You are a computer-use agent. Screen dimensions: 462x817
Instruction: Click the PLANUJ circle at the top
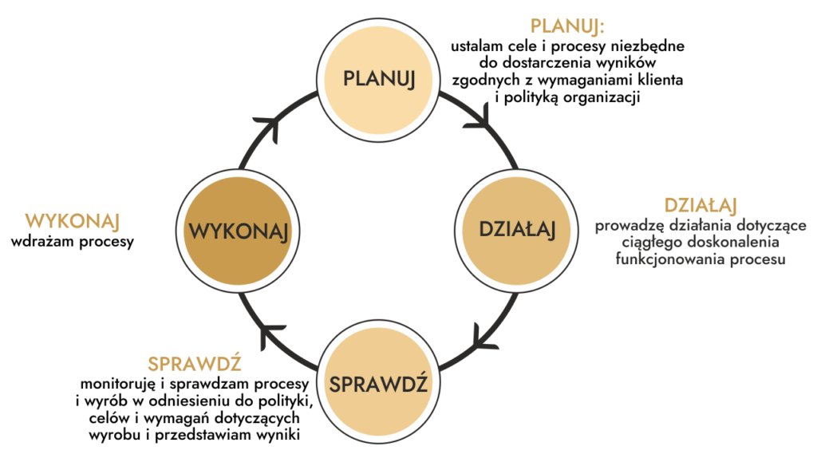tap(378, 79)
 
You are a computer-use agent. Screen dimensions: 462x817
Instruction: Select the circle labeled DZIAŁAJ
tap(516, 230)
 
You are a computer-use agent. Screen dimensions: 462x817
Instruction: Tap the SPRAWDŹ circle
tap(378, 381)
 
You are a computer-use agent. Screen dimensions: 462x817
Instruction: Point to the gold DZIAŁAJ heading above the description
tap(700, 203)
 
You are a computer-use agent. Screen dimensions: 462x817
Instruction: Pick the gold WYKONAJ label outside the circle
tap(72, 221)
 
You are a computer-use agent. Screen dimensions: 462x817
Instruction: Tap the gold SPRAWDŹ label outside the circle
tap(195, 363)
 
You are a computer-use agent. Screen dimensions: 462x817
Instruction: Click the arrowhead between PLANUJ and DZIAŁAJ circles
tap(480, 117)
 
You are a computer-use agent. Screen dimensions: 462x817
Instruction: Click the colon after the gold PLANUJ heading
tap(602, 28)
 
